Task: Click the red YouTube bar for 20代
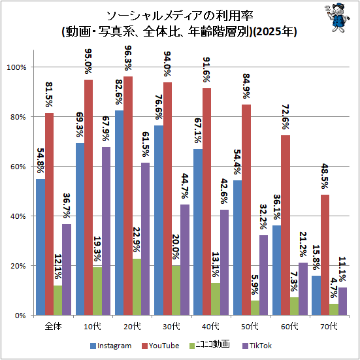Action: pyautogui.click(x=128, y=195)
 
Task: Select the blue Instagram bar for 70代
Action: pyautogui.click(x=316, y=295)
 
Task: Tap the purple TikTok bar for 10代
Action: pyautogui.click(x=106, y=231)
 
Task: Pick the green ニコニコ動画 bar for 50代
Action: pyautogui.click(x=255, y=308)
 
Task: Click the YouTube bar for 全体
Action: pyautogui.click(x=50, y=214)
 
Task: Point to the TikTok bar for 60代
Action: pyautogui.click(x=303, y=289)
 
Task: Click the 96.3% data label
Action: pyautogui.click(x=128, y=58)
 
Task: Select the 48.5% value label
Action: pyautogui.click(x=325, y=176)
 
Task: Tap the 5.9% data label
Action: pyautogui.click(x=255, y=285)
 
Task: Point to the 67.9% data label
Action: pyautogui.click(x=106, y=129)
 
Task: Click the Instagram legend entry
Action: pyautogui.click(x=111, y=346)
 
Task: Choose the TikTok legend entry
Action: pyautogui.click(x=257, y=346)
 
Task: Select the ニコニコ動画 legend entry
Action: pyautogui.click(x=209, y=346)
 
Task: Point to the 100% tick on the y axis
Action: pyautogui.click(x=16, y=67)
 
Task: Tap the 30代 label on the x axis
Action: pyautogui.click(x=171, y=326)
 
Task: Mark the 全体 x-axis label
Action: pyautogui.click(x=54, y=326)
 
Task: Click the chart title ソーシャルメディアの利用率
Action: pyautogui.click(x=180, y=16)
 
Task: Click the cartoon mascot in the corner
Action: pyautogui.click(x=337, y=17)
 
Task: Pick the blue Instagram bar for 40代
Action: pyautogui.click(x=198, y=232)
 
